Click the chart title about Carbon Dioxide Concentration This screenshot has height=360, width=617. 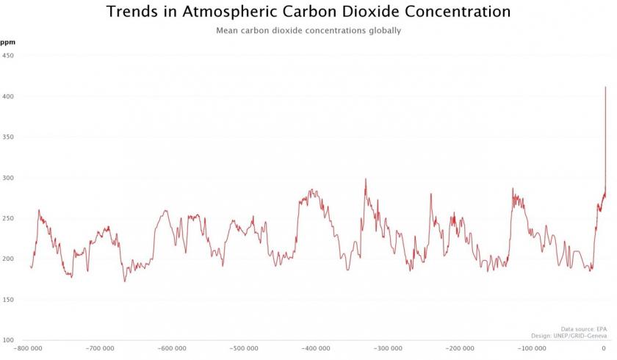tap(308, 12)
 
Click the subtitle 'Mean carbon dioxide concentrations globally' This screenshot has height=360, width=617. tap(308, 31)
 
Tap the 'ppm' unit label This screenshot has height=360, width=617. tap(7, 43)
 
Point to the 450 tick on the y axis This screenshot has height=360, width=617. tap(8, 56)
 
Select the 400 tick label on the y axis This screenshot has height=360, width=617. tap(8, 96)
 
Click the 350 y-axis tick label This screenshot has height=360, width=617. tap(8, 137)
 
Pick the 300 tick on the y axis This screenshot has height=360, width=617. tap(8, 178)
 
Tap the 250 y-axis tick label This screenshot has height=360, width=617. tap(8, 218)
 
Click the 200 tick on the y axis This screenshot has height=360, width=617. tap(8, 259)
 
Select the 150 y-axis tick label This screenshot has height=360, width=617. tap(8, 300)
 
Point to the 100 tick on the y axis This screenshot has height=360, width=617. tap(8, 340)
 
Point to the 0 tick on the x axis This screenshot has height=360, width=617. tap(604, 349)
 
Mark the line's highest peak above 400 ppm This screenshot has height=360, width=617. tap(605, 87)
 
